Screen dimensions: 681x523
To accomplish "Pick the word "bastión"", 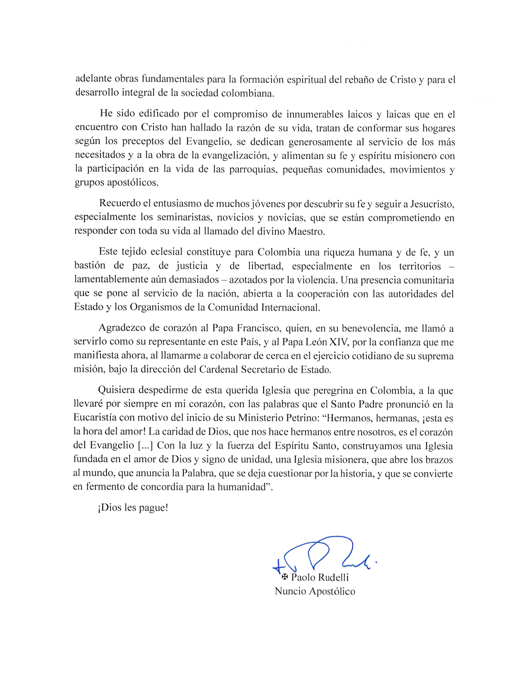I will click(x=90, y=266).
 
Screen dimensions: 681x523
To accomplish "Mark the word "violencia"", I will click(x=317, y=280).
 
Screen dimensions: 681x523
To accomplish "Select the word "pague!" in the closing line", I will click(x=153, y=508).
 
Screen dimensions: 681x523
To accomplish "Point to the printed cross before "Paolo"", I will click(x=284, y=577).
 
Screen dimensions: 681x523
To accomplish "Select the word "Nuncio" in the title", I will click(x=290, y=591).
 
